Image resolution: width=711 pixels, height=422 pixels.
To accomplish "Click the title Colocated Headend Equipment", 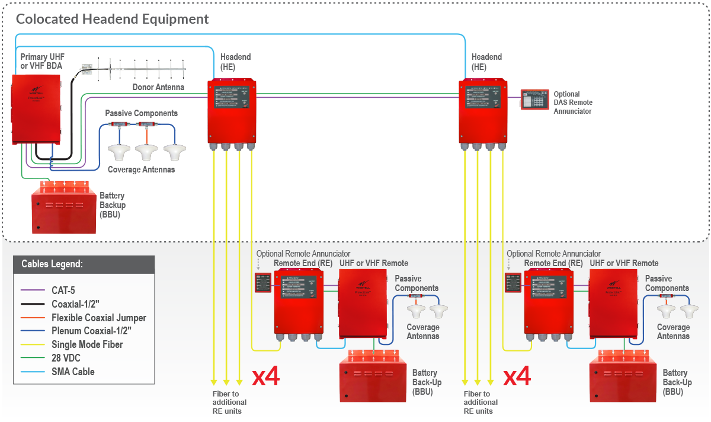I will (112, 19).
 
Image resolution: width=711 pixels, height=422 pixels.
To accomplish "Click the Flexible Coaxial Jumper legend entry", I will (98, 318).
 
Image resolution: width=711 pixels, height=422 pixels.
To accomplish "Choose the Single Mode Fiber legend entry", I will (87, 344).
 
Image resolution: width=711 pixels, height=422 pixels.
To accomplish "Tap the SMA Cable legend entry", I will (73, 372).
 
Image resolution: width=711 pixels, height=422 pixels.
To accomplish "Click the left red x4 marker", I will (265, 376).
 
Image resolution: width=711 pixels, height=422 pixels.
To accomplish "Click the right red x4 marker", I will (517, 376).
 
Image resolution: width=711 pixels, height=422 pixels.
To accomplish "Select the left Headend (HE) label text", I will (235, 62).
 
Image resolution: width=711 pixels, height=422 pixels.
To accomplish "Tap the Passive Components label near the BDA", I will (141, 113).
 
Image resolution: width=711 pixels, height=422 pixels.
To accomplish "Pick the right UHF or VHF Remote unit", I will (613, 302).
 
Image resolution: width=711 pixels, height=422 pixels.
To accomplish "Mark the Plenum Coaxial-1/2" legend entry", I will (91, 331).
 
